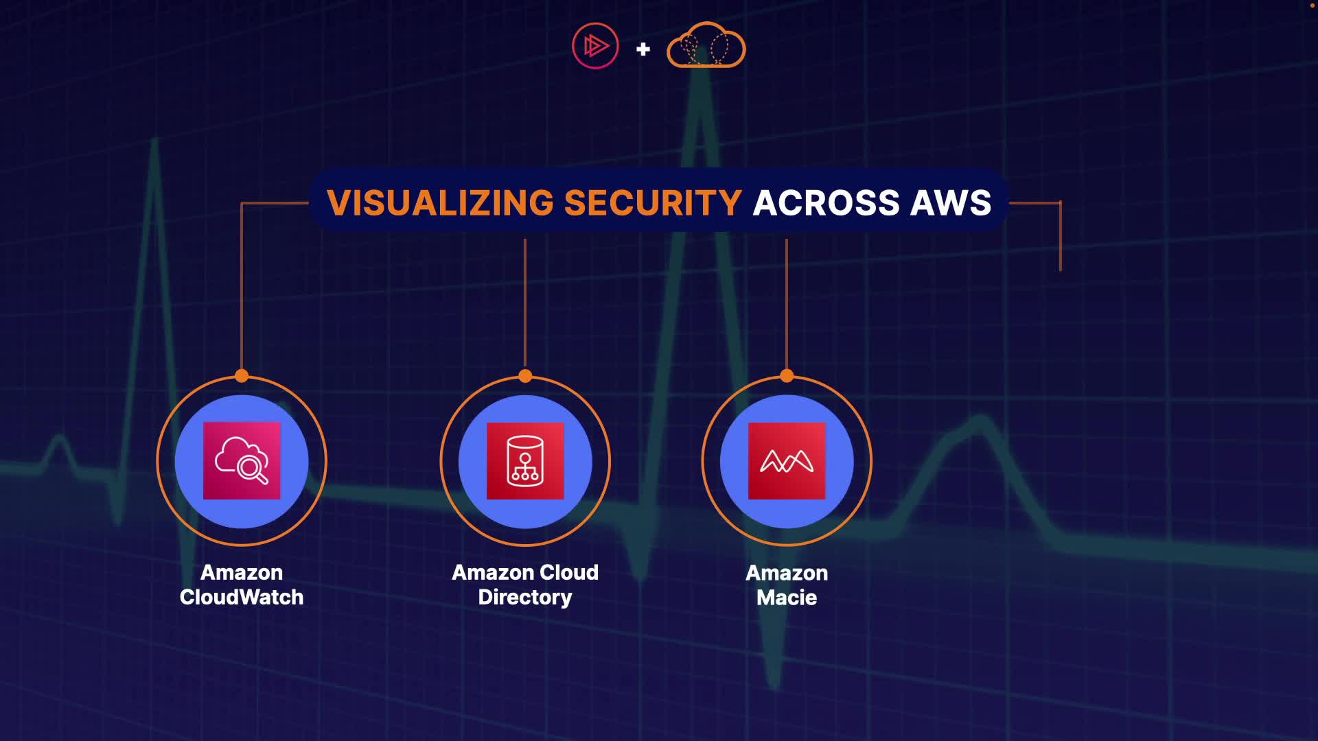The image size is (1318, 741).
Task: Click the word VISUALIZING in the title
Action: (x=440, y=203)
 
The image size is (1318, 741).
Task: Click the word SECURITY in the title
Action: (x=653, y=203)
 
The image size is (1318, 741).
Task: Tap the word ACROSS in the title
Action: (x=826, y=203)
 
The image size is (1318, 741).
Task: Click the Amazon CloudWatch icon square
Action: (x=242, y=460)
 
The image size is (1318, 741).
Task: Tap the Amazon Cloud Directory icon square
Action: (x=525, y=460)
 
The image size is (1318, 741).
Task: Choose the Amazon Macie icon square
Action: (x=787, y=460)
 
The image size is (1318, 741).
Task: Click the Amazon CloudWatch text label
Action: (x=242, y=585)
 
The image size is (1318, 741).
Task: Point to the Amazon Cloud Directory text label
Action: (x=525, y=585)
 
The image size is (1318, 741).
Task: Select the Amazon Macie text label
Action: (x=787, y=585)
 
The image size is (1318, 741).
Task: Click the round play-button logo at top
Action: (x=595, y=46)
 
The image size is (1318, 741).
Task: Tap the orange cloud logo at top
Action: (x=706, y=46)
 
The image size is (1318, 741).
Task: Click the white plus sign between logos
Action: (x=643, y=49)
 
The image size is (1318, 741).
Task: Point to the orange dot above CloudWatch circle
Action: (x=242, y=375)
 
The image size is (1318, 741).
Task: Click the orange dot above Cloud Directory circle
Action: (x=525, y=375)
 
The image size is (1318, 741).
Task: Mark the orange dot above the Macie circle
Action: (x=787, y=375)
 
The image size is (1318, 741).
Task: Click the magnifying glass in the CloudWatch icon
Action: (x=251, y=469)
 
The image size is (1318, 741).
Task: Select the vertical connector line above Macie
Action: (x=787, y=302)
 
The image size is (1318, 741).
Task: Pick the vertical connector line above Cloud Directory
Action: (x=525, y=302)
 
